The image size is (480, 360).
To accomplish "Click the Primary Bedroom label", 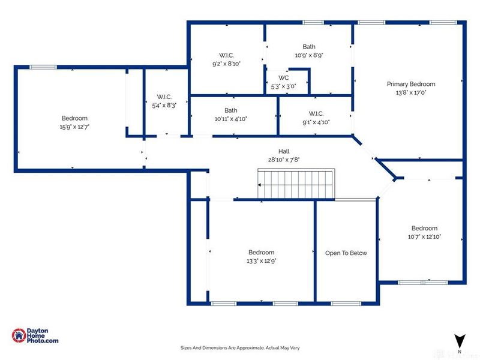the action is (411, 84).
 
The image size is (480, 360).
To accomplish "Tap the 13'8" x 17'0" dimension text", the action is (411, 92).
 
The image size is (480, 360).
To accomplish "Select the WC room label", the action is (283, 78).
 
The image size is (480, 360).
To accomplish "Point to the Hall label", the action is (284, 151).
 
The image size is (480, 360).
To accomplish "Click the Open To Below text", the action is (346, 253).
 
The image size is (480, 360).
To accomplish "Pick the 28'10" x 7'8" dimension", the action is (284, 160).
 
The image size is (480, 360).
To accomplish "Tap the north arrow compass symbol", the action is (460, 341).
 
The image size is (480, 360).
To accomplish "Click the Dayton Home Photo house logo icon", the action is (19, 335).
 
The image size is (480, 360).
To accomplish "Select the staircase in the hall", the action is (296, 184).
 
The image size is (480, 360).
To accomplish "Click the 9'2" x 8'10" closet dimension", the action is (227, 64).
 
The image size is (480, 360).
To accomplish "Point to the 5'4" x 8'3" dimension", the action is (164, 106).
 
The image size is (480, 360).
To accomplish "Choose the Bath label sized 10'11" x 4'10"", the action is (231, 110).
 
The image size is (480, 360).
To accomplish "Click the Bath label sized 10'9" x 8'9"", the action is (309, 47).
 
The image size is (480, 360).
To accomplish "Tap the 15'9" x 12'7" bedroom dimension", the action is (74, 127).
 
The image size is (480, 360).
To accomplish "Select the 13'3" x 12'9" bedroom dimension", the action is (262, 261).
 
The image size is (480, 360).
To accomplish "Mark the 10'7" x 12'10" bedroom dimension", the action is (424, 236).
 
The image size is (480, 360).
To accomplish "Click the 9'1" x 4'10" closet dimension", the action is (316, 122).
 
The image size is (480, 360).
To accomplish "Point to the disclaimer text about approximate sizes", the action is (240, 348).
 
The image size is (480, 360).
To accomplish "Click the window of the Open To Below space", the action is (346, 304).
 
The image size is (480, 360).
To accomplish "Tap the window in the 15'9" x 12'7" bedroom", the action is (43, 67).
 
